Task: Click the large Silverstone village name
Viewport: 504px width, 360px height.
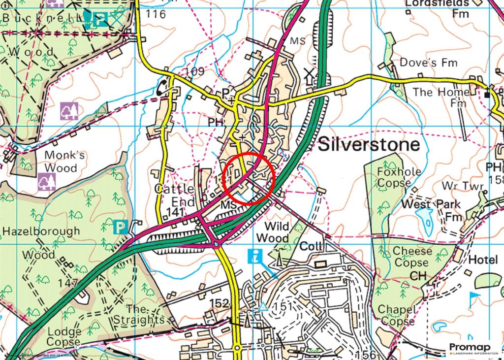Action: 369,145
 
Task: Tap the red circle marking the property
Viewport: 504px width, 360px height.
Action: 248,178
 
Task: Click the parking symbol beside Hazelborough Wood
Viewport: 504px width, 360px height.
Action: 121,227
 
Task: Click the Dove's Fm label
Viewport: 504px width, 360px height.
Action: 428,63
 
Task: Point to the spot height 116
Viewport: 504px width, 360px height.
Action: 156,14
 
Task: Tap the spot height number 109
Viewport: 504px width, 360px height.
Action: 194,71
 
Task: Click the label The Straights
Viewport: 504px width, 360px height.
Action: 138,315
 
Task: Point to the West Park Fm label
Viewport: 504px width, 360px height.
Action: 431,210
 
